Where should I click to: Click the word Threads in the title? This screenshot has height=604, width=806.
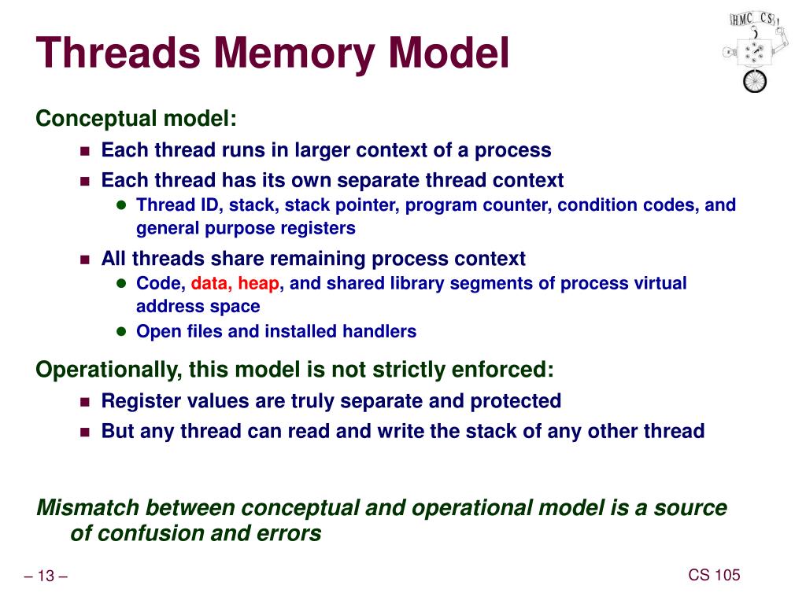117,53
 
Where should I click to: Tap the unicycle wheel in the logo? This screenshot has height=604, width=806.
754,79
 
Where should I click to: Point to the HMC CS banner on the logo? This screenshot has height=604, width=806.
752,19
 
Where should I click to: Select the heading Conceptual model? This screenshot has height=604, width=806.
136,119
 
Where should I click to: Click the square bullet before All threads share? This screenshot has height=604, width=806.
86,260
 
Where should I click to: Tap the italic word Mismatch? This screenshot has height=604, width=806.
87,508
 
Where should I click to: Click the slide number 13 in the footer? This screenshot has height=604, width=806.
45,577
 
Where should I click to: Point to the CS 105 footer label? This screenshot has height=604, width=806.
714,575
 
